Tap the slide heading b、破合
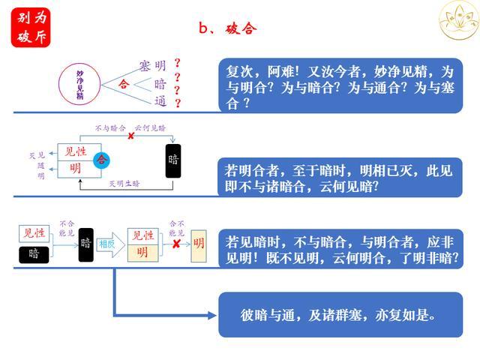pyautogui.click(x=228, y=28)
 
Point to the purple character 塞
pyautogui.click(x=145, y=66)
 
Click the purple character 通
pyautogui.click(x=160, y=101)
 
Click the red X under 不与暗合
pyautogui.click(x=130, y=136)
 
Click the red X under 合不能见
pyautogui.click(x=176, y=244)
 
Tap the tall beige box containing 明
pyautogui.click(x=199, y=243)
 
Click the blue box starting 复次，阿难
pyautogui.click(x=340, y=86)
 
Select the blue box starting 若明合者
pyautogui.click(x=340, y=178)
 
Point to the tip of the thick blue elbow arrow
pyautogui.click(x=214, y=314)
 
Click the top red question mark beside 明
pyautogui.click(x=178, y=63)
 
